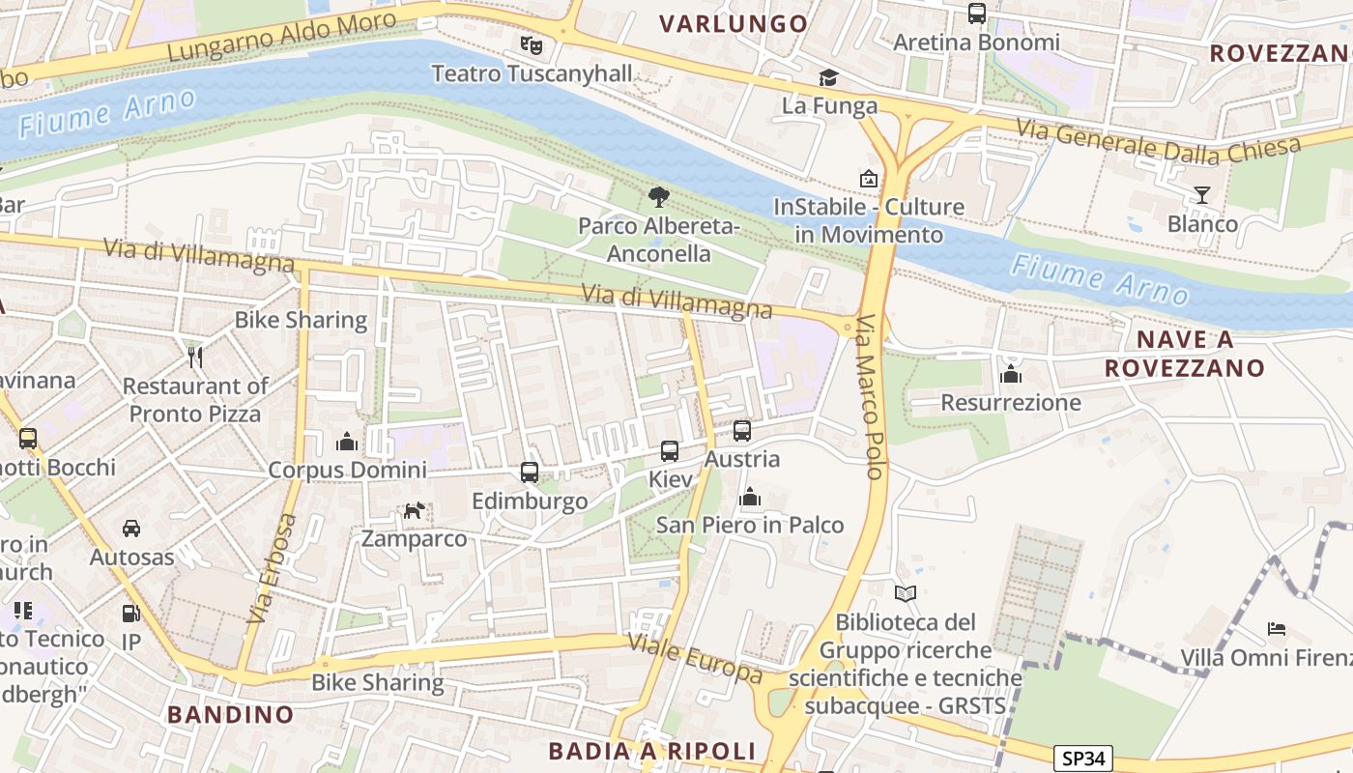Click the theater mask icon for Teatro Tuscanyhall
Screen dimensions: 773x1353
[531, 44]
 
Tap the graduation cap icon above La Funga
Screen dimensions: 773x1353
[828, 77]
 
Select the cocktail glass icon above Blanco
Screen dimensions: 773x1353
[1201, 195]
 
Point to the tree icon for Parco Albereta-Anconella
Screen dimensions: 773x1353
[658, 197]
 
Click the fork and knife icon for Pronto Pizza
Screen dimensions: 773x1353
[195, 357]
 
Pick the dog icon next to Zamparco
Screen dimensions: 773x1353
[414, 510]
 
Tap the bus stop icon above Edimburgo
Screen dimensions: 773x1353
[529, 472]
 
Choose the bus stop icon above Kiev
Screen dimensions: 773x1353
[669, 450]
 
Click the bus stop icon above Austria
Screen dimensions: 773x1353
[741, 431]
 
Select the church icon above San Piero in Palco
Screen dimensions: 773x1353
[749, 497]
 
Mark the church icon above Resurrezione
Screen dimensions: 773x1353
[1011, 374]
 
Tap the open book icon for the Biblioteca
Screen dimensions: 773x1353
[905, 593]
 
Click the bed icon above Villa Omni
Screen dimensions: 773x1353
[1276, 629]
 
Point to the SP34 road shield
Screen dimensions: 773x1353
[1082, 759]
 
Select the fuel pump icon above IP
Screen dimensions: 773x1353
[130, 614]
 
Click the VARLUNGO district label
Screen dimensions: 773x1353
[734, 23]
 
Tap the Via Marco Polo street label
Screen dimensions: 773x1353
[871, 396]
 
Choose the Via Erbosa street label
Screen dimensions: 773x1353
[273, 567]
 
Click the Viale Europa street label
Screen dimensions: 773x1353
[695, 657]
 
